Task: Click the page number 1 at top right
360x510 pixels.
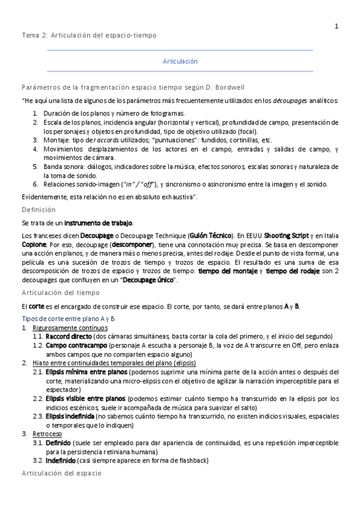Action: click(x=337, y=26)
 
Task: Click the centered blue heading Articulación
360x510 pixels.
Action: click(x=180, y=61)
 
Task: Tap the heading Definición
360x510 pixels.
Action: click(x=38, y=210)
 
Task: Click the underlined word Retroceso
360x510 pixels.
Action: click(x=46, y=433)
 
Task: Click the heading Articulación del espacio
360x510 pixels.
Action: click(x=63, y=474)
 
